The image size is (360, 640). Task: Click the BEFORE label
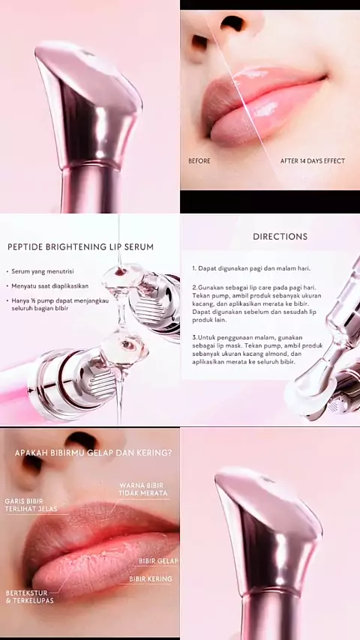[199, 161]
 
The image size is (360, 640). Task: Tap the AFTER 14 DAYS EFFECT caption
[313, 161]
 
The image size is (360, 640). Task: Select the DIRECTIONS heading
[280, 236]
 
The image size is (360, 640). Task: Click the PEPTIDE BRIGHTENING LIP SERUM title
[80, 247]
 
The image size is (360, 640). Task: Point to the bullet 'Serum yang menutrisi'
[43, 271]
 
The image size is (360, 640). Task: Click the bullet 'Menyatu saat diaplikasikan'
[49, 286]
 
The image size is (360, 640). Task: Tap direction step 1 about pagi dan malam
[251, 268]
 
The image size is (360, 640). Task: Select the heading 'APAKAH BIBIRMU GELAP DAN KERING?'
[93, 453]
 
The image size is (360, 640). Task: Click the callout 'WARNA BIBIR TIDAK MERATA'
[142, 489]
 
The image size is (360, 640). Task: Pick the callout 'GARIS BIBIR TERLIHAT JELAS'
[31, 505]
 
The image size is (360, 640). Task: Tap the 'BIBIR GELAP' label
[158, 561]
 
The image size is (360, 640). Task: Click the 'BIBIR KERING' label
[151, 579]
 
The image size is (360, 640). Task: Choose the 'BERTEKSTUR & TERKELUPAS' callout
[30, 597]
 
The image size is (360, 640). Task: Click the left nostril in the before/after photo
[199, 41]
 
